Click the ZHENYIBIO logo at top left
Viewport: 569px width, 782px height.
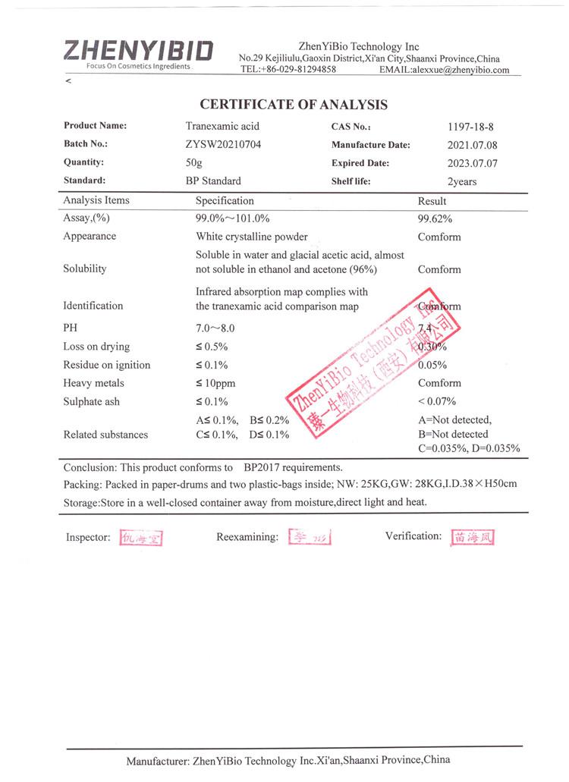(138, 52)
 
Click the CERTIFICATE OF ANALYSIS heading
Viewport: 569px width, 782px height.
(294, 105)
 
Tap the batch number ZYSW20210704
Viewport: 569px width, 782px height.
(223, 144)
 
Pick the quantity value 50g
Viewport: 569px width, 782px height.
(194, 162)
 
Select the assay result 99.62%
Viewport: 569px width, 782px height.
(435, 218)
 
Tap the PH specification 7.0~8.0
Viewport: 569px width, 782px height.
(217, 328)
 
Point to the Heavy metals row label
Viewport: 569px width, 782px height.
(93, 383)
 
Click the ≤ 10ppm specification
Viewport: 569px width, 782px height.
(215, 383)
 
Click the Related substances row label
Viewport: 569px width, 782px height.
(105, 435)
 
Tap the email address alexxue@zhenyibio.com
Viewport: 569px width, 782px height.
(461, 70)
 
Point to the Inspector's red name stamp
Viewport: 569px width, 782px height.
(142, 539)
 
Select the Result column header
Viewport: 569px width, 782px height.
(432, 201)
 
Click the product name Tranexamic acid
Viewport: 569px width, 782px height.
(222, 126)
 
